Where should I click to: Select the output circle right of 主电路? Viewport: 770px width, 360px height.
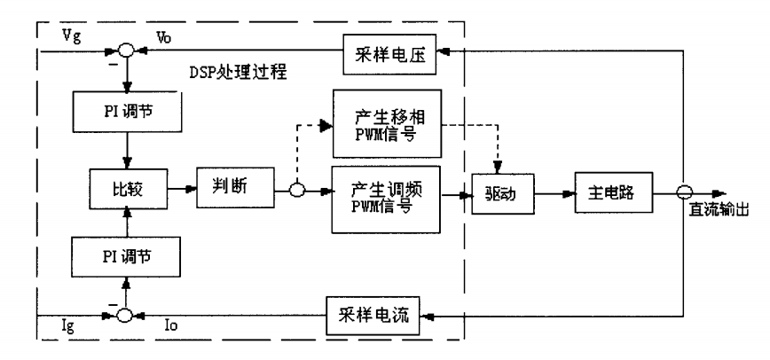(682, 190)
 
